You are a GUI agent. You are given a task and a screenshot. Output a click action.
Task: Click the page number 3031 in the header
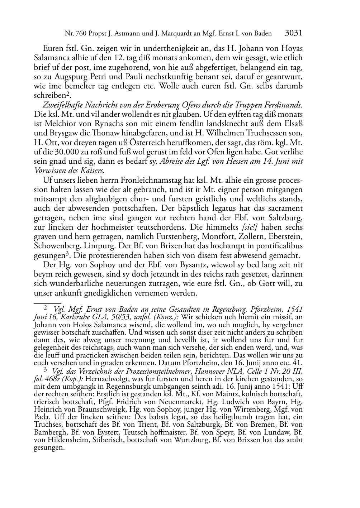294,33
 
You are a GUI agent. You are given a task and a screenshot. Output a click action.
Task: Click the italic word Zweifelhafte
62,105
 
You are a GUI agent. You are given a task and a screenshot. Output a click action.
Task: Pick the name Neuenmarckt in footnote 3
153,402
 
